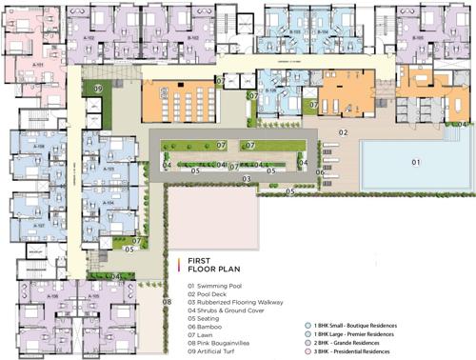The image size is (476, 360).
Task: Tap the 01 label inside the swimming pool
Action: click(x=415, y=163)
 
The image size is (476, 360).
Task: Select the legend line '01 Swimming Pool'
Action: click(x=220, y=286)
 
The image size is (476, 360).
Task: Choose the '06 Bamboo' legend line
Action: click(x=210, y=328)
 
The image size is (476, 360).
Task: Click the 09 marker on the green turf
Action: click(x=98, y=89)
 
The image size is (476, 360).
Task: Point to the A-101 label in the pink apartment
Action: click(x=39, y=65)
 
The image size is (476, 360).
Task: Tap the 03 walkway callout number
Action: click(x=245, y=178)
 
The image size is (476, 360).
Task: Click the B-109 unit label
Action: click(x=270, y=91)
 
